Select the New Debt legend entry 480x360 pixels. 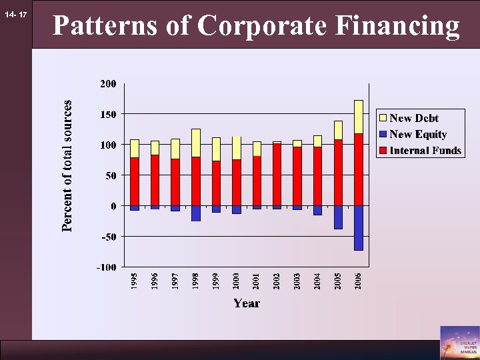pos(413,118)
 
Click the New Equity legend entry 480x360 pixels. pos(417,134)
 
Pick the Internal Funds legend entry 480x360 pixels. pos(425,150)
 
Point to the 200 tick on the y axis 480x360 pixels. pos(108,84)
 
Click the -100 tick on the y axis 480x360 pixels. pos(106,267)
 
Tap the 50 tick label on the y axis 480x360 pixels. pos(111,176)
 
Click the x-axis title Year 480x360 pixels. pos(246,303)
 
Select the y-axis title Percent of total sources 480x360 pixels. pos(67,167)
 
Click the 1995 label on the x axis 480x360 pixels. pos(135,281)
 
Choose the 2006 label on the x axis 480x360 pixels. pos(359,281)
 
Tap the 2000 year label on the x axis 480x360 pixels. pos(237,281)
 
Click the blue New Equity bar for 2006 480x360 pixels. pos(359,227)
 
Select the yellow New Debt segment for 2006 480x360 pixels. pos(359,117)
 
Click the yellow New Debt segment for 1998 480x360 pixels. pos(196,143)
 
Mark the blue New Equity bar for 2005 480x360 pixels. pos(338,217)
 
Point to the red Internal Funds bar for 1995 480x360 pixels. pos(135,181)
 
